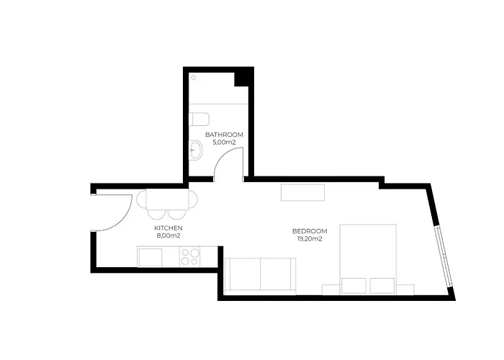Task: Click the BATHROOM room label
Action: click(224, 135)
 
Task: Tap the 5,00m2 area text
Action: click(224, 142)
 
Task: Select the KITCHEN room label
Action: click(168, 228)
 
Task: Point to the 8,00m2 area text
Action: click(168, 235)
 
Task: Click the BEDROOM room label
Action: click(310, 231)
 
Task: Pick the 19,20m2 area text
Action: click(310, 239)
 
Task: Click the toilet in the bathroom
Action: click(199, 120)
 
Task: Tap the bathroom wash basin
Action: click(196, 150)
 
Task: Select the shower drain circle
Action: click(194, 78)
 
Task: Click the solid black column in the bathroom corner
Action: click(243, 77)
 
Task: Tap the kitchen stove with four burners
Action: click(189, 256)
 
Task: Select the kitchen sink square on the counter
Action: click(150, 257)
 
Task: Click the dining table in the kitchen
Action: click(167, 199)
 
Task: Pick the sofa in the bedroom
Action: click(261, 276)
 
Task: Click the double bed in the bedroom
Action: click(368, 259)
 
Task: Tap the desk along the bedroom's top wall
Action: click(302, 192)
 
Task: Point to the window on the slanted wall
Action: click(444, 257)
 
